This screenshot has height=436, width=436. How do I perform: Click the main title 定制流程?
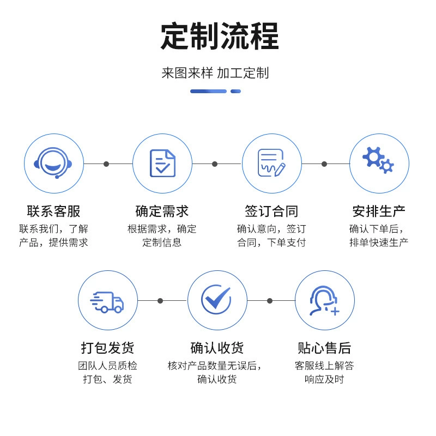coord(220,36)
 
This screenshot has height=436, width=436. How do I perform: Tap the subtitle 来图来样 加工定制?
coord(215,73)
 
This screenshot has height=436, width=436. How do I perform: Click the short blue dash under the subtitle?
coord(235,91)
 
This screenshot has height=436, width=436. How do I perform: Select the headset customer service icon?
coord(53,163)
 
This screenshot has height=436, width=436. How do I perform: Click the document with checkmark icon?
coord(162,163)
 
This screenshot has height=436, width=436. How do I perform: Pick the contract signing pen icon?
coord(271,163)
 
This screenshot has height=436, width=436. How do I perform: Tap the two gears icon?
coord(378,160)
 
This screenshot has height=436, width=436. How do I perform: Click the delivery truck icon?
coord(107,302)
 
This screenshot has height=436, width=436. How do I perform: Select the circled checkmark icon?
coord(216,299)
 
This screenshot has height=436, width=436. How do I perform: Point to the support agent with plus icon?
coord(324,301)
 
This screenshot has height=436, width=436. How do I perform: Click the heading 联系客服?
coord(53,211)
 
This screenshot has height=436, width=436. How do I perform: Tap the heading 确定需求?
coord(162,211)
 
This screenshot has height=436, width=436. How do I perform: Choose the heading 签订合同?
coord(271,211)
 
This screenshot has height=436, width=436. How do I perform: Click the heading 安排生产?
coord(379,211)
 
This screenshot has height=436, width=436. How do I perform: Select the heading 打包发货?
coord(107,348)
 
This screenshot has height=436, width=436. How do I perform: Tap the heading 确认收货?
coord(217,348)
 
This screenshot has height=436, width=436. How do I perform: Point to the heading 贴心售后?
coord(324,348)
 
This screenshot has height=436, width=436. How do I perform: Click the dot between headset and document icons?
coord(106,164)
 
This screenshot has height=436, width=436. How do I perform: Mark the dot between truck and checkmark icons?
coord(160,301)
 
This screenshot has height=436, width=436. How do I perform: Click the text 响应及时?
coord(324,379)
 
